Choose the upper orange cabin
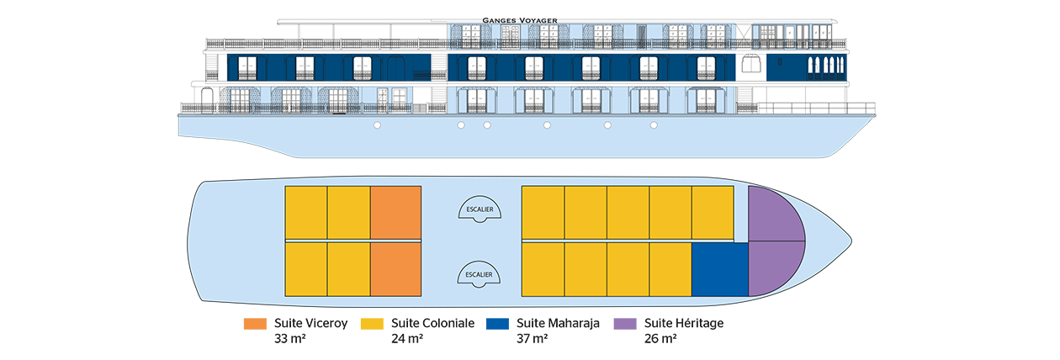tap(395, 214)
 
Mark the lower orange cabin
tap(395, 268)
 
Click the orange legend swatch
tap(243, 328)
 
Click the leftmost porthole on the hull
tap(378, 126)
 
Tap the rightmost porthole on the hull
tap(654, 126)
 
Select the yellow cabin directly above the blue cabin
tap(713, 214)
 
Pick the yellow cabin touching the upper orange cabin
tap(349, 214)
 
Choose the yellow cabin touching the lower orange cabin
tap(349, 268)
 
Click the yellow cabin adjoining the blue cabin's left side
tap(670, 268)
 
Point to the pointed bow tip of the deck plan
tap(850, 241)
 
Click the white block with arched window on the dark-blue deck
tap(752, 67)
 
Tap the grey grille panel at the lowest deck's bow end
tap(744, 98)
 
